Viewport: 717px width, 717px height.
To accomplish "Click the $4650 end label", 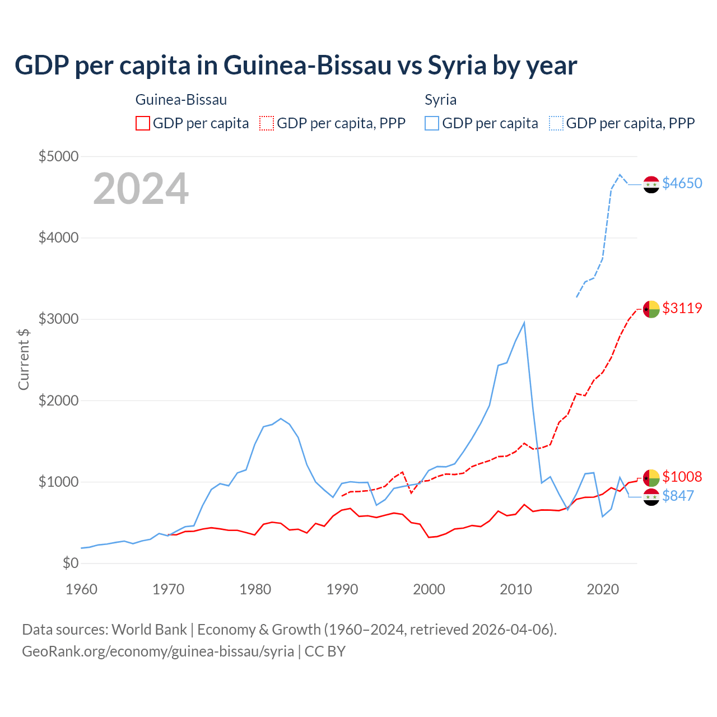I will coord(682,184).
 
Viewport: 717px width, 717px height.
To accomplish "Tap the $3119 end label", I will coord(682,309).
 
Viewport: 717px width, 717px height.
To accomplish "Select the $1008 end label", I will coord(682,477).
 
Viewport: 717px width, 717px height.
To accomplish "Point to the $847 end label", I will coord(678,496).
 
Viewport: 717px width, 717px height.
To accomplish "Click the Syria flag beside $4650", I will coord(651,184).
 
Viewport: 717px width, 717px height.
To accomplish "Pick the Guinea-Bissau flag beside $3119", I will coord(651,309).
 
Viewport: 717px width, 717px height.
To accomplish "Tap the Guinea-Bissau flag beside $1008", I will coord(651,478).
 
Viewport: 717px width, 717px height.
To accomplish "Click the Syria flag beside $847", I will coord(651,497).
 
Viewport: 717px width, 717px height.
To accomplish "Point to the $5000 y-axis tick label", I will coord(58,156).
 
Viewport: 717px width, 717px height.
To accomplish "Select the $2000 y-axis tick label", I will coord(58,401).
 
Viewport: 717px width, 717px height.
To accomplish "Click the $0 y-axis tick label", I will coord(70,563).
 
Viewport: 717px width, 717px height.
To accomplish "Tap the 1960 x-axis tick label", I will coord(82,589).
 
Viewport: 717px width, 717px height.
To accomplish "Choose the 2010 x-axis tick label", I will coord(516,589).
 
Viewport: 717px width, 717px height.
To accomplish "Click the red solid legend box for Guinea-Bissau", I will coord(143,123).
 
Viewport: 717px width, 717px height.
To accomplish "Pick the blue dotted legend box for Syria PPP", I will coord(556,123).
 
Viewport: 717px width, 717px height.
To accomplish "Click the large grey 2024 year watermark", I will coord(141,189).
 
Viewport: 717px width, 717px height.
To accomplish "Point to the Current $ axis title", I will coord(24,359).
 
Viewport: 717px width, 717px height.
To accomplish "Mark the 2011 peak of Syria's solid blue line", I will coord(524,323).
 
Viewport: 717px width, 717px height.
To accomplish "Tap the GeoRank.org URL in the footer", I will coord(158,651).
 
